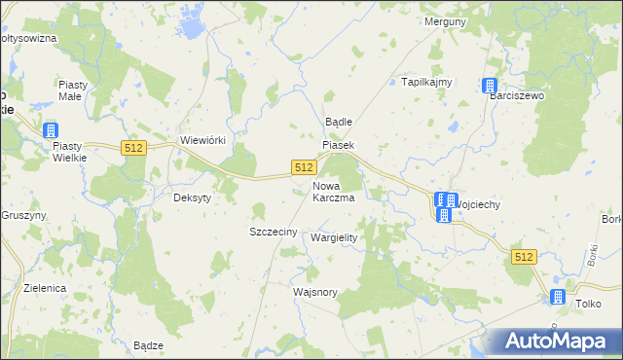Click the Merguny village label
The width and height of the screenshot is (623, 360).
coord(444,20)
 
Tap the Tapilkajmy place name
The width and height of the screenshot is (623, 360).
coord(427,82)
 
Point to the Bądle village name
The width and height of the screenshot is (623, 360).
coord(338,123)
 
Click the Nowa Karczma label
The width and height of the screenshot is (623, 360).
coord(332,191)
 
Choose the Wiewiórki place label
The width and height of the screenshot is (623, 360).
coord(203,140)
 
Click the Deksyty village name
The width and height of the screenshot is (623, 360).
coord(192,197)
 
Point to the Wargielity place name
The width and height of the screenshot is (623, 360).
coord(334,237)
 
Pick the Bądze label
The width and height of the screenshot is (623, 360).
coord(147,345)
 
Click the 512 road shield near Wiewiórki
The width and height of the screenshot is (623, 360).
coord(134,147)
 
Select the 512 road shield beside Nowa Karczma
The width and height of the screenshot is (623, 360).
coord(303,168)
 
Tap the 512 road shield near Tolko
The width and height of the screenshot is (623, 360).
coord(524,256)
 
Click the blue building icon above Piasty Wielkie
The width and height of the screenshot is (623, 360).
coord(51,129)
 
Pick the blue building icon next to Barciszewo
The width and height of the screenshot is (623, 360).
coord(490,87)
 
